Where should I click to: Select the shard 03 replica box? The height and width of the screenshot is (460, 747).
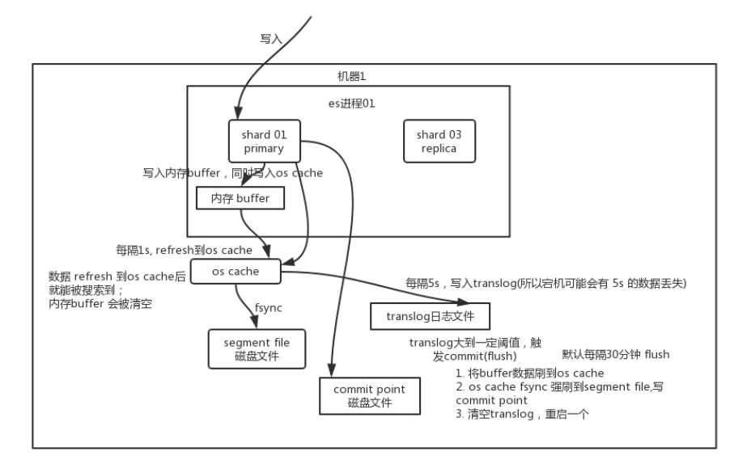(439, 141)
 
